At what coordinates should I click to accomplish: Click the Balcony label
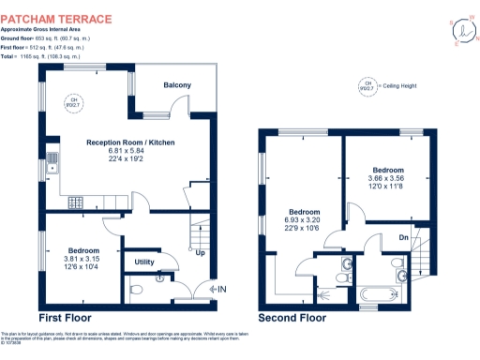[177, 85]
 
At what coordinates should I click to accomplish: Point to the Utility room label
[144, 262]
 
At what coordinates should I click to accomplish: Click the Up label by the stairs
[200, 252]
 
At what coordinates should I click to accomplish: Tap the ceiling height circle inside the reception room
[72, 102]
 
